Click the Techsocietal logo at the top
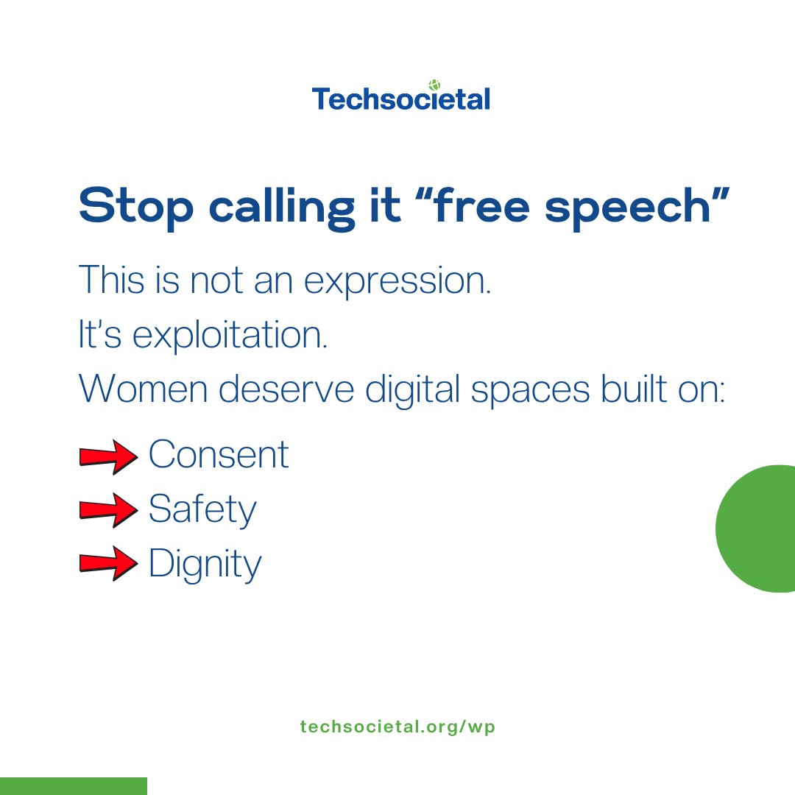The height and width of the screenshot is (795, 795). [400, 98]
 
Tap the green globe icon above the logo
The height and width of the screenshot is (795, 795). [434, 85]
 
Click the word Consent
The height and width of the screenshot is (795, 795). [219, 455]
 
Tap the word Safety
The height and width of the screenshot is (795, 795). [202, 509]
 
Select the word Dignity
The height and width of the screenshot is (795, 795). [205, 565]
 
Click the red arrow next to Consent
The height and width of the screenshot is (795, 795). [108, 457]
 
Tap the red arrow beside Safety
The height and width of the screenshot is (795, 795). [108, 511]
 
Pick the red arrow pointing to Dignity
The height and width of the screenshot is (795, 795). [108, 565]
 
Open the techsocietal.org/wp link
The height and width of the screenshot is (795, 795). [397, 727]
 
